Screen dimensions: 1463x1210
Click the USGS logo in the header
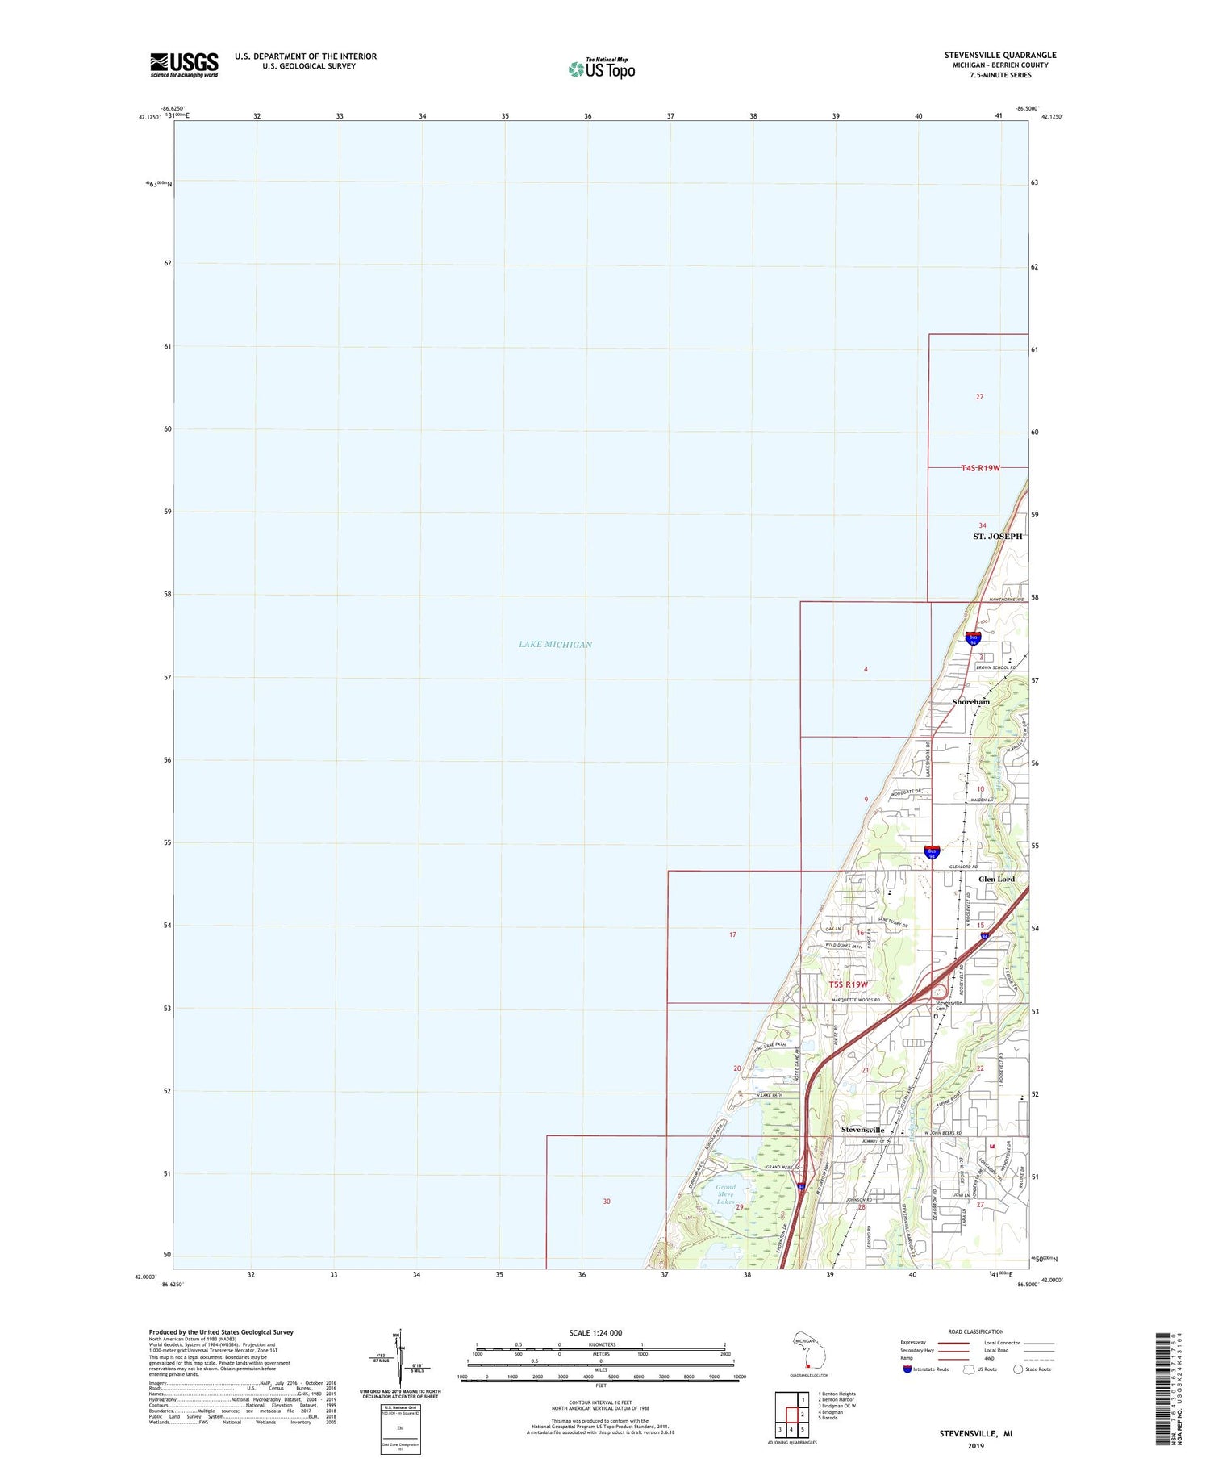(x=184, y=65)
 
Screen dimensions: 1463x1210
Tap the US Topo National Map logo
(x=602, y=69)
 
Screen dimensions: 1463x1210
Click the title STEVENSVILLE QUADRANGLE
(x=1000, y=55)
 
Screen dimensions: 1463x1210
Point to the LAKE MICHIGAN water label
(x=555, y=644)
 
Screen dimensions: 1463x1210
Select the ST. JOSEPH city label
(x=997, y=537)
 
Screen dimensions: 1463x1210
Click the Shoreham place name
(x=970, y=702)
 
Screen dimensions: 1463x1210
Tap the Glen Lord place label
(x=996, y=879)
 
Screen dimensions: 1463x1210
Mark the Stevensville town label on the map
(x=862, y=1130)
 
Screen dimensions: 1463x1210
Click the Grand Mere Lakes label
(x=725, y=1194)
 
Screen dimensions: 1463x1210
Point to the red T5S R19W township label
(x=849, y=984)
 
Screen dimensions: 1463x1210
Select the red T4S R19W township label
(x=980, y=468)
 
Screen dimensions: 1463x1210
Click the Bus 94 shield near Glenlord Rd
(x=932, y=851)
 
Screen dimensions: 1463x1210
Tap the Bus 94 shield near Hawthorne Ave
(x=973, y=638)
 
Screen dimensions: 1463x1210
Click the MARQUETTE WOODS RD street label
(x=855, y=1000)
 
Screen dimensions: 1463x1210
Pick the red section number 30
(x=607, y=1202)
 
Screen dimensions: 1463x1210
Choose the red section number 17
(x=732, y=934)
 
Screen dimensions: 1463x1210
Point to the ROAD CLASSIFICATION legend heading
(x=976, y=1332)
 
